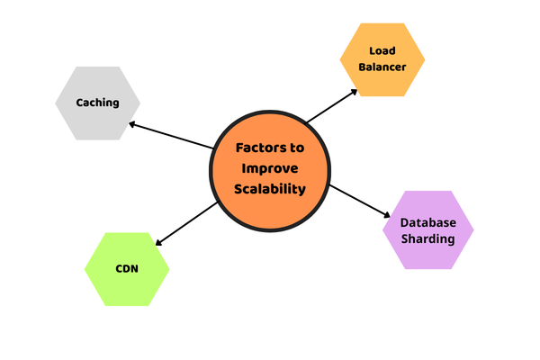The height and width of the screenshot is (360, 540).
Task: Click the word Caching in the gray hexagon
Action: (x=97, y=103)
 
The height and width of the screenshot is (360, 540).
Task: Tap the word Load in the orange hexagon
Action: (x=382, y=50)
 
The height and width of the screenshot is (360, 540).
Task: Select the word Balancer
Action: (x=382, y=67)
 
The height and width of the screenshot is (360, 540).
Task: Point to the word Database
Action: (x=427, y=222)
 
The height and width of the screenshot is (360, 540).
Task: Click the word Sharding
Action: (x=427, y=239)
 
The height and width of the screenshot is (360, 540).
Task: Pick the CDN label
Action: (x=127, y=268)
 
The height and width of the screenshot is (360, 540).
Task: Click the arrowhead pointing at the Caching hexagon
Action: (x=132, y=123)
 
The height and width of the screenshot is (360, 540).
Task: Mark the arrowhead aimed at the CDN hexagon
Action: (x=158, y=242)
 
